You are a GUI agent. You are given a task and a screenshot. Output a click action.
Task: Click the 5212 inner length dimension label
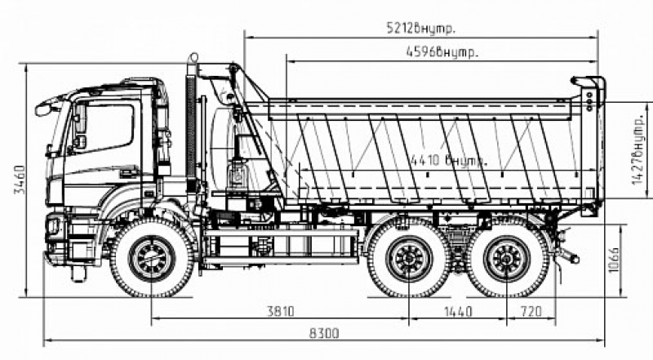click(420, 28)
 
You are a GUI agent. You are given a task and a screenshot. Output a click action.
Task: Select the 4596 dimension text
click(442, 52)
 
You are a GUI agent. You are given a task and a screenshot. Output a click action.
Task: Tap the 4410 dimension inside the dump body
click(448, 160)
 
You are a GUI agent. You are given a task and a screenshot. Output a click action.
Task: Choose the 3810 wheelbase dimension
click(278, 311)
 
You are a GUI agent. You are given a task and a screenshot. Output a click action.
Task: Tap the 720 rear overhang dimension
click(531, 311)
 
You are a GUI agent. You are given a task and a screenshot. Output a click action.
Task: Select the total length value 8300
click(324, 333)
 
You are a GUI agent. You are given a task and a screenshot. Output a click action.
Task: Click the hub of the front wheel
click(151, 257)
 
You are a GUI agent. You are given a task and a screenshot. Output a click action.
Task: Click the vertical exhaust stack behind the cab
click(192, 122)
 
